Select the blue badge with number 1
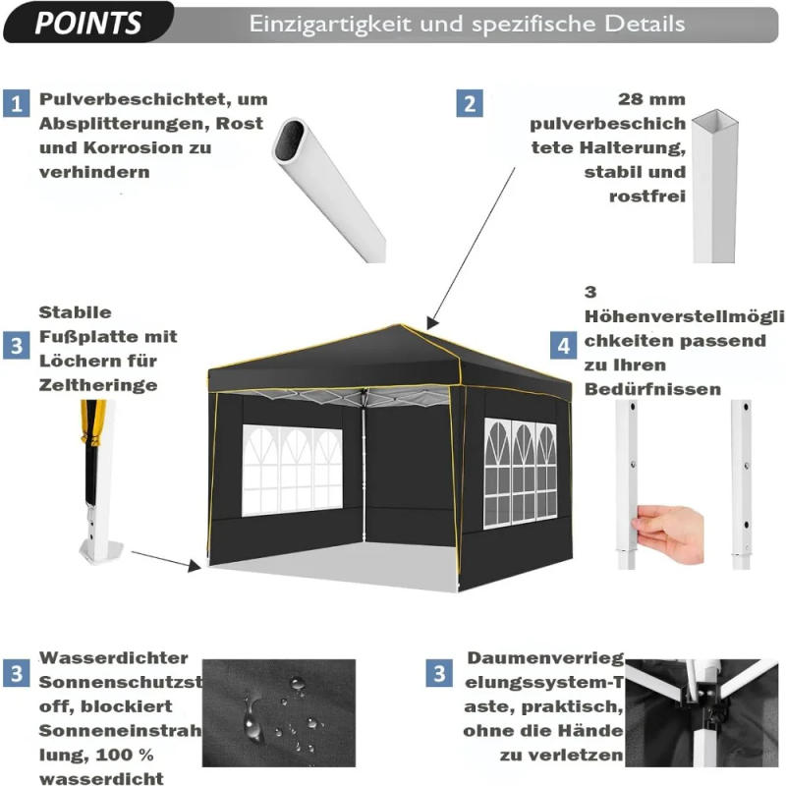click(17, 102)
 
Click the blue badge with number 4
click(563, 345)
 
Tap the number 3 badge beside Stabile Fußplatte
click(17, 345)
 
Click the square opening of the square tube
click(714, 122)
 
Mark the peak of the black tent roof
click(403, 327)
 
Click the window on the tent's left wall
click(292, 470)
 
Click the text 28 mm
click(652, 100)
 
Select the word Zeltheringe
click(98, 385)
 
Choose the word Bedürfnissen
click(652, 389)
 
